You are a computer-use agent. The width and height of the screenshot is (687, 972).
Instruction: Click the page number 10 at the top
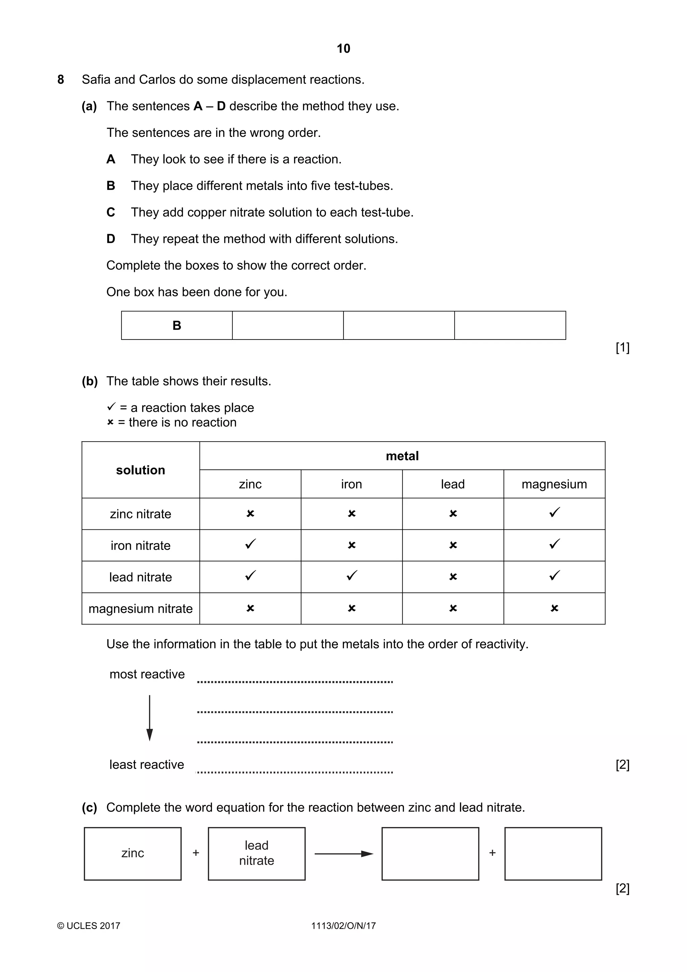coord(343,49)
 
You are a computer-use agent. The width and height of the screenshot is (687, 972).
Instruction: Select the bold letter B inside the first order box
coord(177,325)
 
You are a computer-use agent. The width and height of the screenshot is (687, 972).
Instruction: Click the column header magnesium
coord(554,484)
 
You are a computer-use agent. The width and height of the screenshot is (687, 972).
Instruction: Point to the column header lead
coord(453,484)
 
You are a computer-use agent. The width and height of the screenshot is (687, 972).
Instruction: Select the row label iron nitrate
coord(141,546)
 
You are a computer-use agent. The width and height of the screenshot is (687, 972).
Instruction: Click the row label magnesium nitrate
coord(141,609)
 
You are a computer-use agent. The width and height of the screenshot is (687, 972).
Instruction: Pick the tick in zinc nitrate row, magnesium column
coord(554,513)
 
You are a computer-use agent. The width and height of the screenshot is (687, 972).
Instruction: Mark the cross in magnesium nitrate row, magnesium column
coord(554,608)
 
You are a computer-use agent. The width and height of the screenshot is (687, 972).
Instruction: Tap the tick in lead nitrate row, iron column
coord(351,576)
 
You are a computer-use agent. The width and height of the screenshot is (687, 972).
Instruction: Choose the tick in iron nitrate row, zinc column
coord(250,544)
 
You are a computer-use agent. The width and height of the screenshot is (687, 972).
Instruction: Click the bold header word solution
coord(141,470)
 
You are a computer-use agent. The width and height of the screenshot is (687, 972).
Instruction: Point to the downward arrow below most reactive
coord(149,718)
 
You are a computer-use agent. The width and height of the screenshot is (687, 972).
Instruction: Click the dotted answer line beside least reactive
coord(295,772)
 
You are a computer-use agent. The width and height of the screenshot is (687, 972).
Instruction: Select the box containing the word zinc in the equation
coord(133,854)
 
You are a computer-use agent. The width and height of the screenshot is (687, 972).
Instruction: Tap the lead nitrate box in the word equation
coord(257,854)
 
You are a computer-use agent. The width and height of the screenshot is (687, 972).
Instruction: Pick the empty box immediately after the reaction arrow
coord(430,854)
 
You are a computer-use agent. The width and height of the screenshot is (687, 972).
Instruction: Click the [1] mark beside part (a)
coord(622,348)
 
